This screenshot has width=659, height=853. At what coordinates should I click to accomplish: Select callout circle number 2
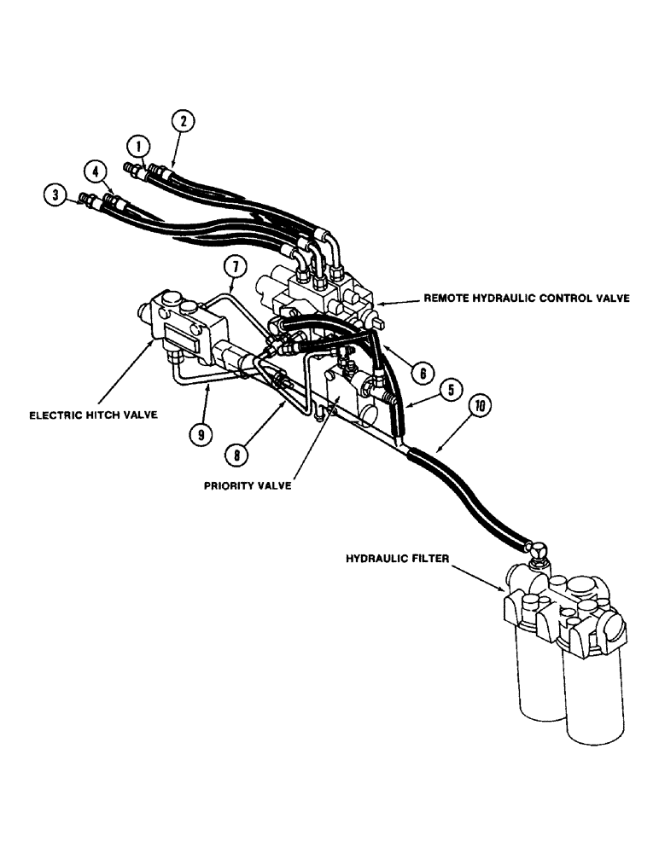(182, 121)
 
